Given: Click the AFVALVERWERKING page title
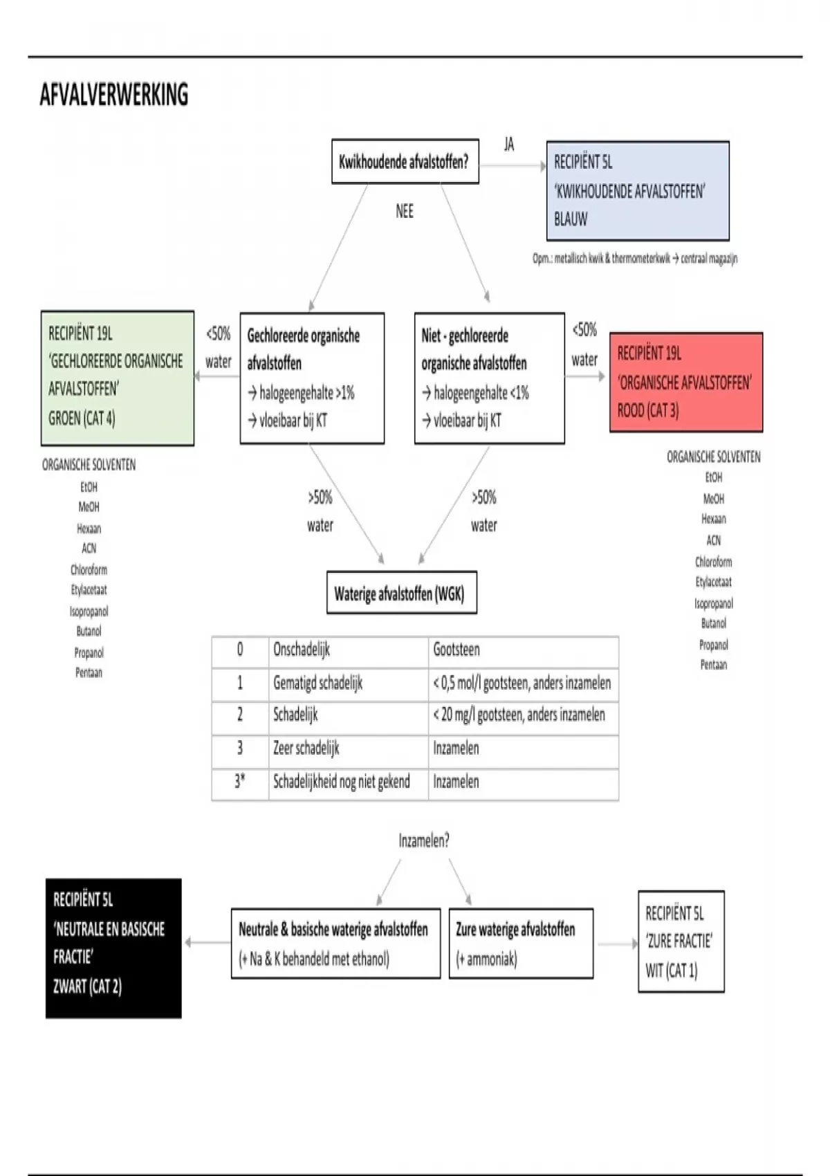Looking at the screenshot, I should [114, 95].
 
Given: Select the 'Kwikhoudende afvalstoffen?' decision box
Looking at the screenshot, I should [405, 162].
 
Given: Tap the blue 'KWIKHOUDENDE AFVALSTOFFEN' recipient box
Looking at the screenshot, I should [637, 191].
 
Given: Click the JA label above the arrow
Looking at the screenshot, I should [509, 144].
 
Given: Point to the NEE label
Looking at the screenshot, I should [405, 211].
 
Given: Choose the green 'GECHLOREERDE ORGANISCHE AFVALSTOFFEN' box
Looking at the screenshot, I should [117, 377].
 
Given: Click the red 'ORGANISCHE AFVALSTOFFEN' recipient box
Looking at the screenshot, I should [685, 382].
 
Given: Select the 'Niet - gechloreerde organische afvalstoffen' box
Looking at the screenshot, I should [489, 378].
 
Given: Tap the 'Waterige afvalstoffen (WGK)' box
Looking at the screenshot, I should [401, 593].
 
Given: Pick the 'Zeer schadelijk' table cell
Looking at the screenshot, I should [306, 748].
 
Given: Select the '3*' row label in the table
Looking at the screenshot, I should [239, 782].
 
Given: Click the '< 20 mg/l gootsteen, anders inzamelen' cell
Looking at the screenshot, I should [519, 715].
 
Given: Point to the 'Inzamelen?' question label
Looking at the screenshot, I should [423, 840].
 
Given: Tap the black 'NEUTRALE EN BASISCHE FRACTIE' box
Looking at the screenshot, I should [113, 948].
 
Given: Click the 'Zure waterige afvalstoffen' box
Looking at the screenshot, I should [520, 944].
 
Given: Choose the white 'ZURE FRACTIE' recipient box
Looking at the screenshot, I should [681, 941].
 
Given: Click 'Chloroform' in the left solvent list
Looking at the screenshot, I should [89, 569].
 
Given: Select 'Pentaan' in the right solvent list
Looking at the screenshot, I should [713, 665].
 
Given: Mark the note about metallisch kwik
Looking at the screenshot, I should [634, 259].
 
